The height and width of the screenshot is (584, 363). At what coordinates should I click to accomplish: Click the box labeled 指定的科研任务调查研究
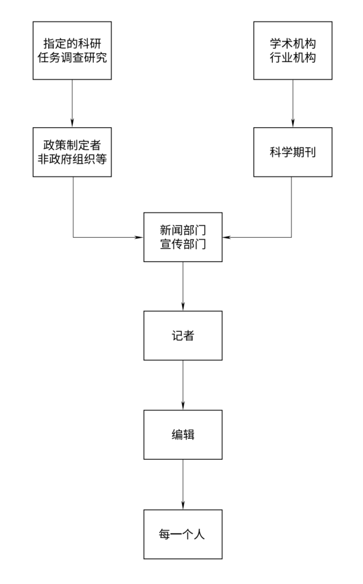[x=72, y=51]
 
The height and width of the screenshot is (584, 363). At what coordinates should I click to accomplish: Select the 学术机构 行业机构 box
[x=293, y=51]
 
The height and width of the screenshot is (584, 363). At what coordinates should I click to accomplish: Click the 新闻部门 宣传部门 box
[x=183, y=237]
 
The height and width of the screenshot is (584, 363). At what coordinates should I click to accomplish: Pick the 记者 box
[x=183, y=335]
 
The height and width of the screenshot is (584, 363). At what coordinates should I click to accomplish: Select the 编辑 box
[x=183, y=434]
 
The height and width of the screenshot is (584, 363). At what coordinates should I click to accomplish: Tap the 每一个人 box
[x=183, y=533]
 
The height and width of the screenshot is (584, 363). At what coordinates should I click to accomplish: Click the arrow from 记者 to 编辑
[x=183, y=385]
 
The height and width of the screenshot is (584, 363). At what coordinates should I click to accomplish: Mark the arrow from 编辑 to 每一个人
[x=183, y=483]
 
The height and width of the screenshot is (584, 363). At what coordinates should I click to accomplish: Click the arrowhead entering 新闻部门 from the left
[x=140, y=237]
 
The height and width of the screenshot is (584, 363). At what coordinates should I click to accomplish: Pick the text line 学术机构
[x=293, y=44]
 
